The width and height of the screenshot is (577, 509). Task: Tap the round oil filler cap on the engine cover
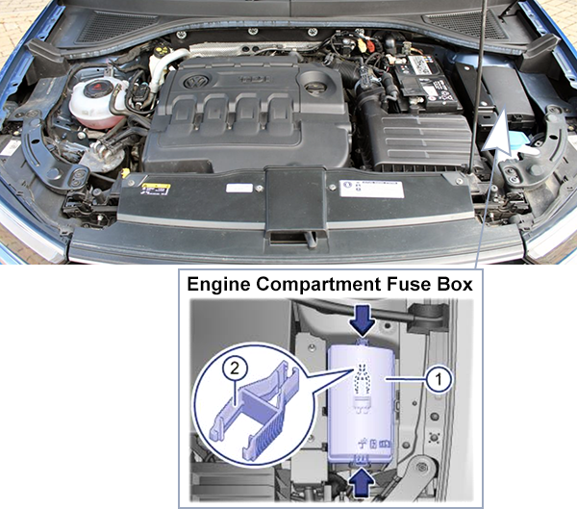[x=314, y=88]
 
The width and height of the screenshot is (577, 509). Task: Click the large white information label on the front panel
[x=371, y=188]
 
